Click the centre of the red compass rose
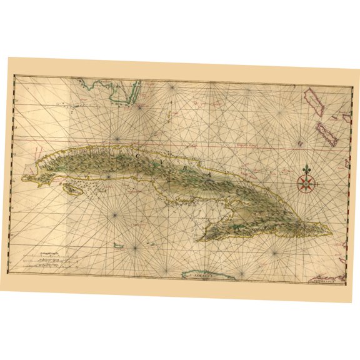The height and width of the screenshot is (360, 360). [x=306, y=184]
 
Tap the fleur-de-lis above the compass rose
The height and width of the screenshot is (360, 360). [x=307, y=170]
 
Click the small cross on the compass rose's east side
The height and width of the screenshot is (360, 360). [x=317, y=185]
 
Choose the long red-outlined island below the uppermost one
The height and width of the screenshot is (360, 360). [x=325, y=134]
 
